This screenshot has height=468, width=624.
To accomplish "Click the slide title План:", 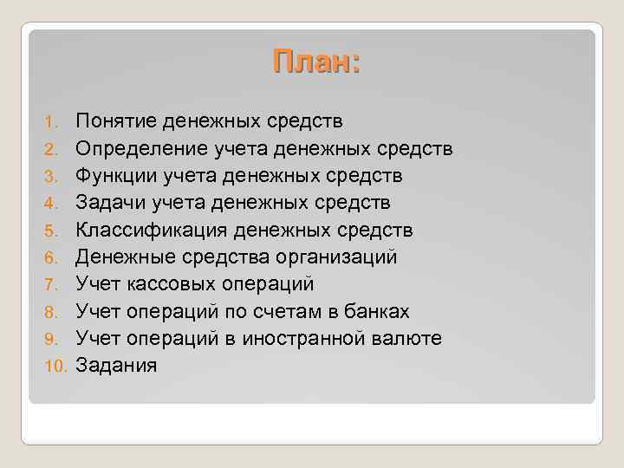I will pyautogui.click(x=315, y=63).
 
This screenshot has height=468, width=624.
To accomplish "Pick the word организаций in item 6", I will pyautogui.click(x=337, y=257).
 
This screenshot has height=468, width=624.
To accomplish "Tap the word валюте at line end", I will pyautogui.click(x=412, y=339).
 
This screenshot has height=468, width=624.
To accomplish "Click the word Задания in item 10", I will pyautogui.click(x=116, y=366).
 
